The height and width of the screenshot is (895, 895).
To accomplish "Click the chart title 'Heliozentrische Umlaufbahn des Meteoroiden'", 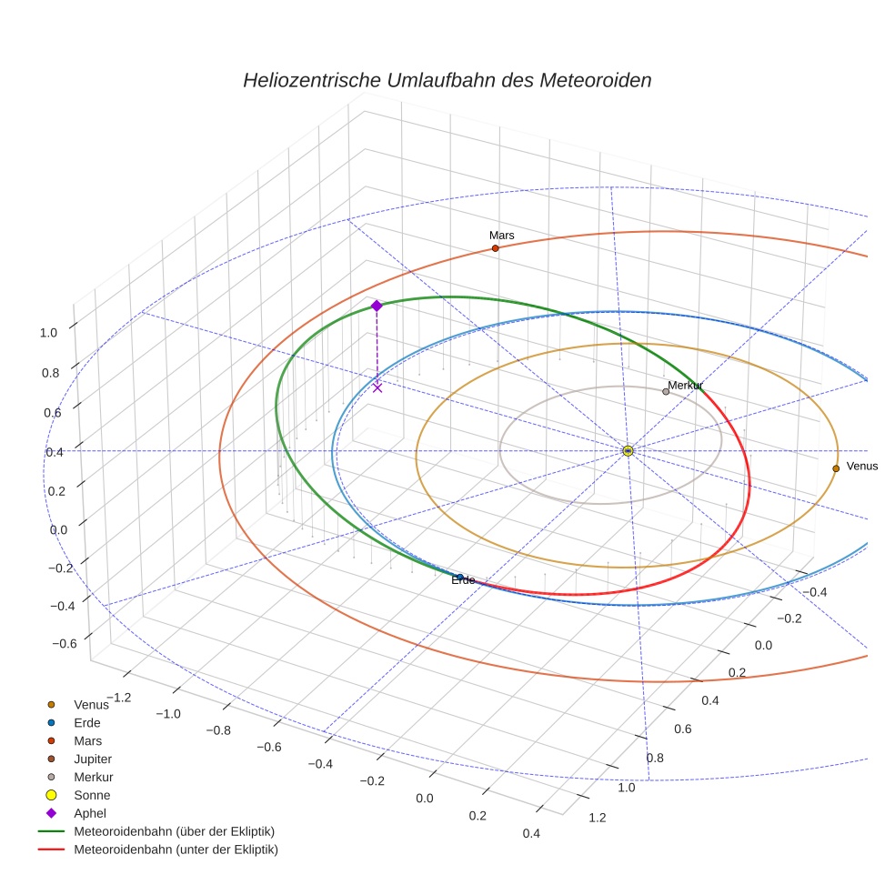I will [x=447, y=80].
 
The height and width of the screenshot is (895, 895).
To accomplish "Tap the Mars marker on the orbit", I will [x=495, y=248].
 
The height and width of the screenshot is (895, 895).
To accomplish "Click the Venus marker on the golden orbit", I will [x=836, y=468].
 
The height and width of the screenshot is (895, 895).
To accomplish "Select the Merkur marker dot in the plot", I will [x=666, y=392].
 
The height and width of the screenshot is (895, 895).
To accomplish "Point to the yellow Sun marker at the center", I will [x=628, y=450].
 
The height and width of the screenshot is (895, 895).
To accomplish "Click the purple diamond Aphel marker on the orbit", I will [x=377, y=306].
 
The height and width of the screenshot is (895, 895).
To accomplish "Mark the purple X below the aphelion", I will [x=377, y=387].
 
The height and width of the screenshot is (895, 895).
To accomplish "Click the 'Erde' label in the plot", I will [x=463, y=580].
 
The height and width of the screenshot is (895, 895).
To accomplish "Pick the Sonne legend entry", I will [x=92, y=795].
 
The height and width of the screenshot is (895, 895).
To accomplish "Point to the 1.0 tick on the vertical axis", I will [x=48, y=333].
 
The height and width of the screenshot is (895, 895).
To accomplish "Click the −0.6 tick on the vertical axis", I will [x=65, y=644].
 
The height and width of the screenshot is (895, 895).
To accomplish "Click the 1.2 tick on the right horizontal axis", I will [x=598, y=817].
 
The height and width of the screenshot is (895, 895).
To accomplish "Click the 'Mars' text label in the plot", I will [x=501, y=235].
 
